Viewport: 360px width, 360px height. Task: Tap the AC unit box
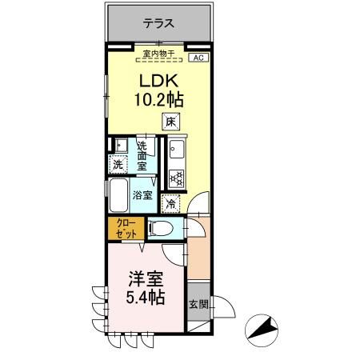[x=198, y=58]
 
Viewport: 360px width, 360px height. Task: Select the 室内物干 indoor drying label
[x=159, y=54]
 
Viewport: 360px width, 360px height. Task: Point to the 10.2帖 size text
[x=159, y=102]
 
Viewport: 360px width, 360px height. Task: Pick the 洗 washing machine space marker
[x=118, y=165]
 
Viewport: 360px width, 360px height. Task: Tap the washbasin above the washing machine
[x=118, y=146]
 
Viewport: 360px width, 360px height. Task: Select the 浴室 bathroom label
[x=142, y=194]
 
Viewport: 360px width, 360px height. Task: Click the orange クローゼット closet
[x=124, y=227]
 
